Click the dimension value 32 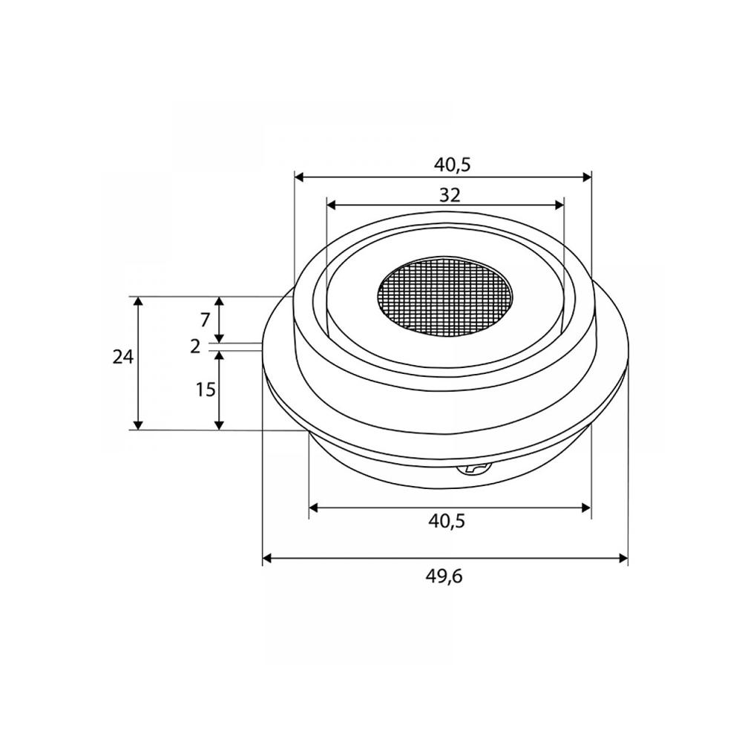450,194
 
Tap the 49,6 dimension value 445,577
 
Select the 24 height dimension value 123,358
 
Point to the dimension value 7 205,321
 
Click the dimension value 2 195,347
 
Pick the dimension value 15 206,390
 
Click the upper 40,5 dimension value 453,165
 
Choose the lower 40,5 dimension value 447,521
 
